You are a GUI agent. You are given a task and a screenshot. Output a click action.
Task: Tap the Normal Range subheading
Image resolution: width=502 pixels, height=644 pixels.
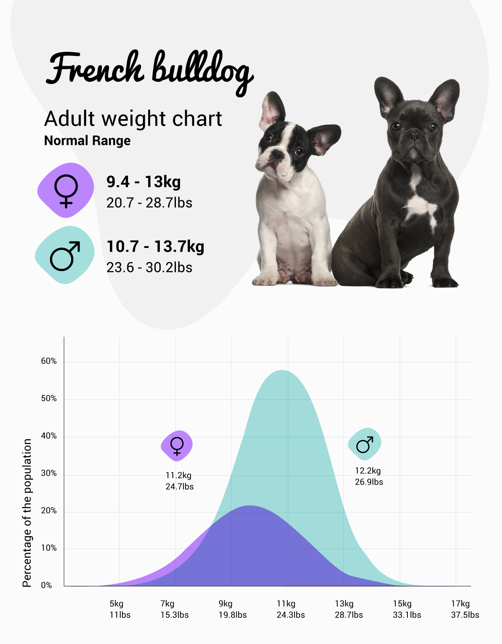coord(87,141)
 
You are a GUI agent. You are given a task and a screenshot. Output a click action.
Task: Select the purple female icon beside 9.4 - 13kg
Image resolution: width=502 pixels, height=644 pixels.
coord(66,190)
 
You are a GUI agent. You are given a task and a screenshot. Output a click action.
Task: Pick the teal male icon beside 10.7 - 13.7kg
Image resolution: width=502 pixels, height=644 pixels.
coord(65,255)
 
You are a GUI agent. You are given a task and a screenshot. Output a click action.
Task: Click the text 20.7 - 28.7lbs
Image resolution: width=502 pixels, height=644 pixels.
coord(149,203)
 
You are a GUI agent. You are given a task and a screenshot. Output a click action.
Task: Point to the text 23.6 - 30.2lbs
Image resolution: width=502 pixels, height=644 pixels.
coord(149,268)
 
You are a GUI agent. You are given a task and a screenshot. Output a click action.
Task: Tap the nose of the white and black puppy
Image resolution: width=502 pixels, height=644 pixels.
coord(277,155)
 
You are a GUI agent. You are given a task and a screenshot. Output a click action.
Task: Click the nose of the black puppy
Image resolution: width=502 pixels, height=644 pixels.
coord(414,136)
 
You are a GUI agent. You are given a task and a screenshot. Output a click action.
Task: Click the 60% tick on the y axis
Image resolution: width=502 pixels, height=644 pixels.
coord(49,361)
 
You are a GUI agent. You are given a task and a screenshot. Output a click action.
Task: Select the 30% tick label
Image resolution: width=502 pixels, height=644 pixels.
coord(49,473)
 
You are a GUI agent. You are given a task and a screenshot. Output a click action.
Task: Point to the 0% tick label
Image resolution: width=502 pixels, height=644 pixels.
coord(47,585)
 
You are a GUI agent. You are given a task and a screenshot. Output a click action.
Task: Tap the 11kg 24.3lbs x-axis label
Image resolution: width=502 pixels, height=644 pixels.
coord(290,609)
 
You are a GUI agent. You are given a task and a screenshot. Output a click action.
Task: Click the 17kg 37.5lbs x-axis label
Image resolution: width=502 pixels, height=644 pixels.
coord(465,609)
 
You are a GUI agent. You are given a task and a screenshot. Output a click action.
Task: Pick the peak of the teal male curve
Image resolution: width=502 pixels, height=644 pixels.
coord(283,371)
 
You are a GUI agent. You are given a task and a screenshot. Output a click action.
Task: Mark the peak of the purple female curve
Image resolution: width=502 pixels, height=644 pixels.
coord(250,506)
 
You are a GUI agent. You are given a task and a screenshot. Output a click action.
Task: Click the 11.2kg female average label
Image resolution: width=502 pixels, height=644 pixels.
coord(179,481)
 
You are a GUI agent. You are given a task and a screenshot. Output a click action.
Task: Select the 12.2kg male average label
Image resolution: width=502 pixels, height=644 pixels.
coord(368,476)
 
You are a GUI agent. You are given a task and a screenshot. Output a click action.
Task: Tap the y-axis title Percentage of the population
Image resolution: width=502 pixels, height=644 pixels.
coord(27,513)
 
